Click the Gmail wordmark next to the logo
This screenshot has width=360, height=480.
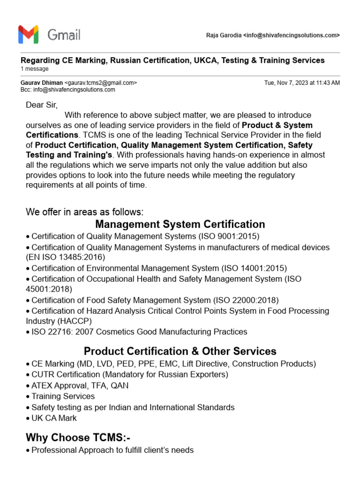pos(64,35)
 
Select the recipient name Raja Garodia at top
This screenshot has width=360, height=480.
pos(224,36)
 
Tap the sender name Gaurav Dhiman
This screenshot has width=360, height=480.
pos(41,83)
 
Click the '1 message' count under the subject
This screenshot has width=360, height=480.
pos(35,69)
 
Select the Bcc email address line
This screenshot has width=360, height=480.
pos(68,90)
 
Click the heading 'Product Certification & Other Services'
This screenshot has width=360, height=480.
pos(180,351)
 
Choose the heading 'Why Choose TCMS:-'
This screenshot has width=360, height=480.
pos(78,437)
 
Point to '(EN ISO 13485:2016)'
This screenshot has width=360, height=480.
pos(66,257)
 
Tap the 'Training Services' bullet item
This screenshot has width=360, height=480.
pos(63,396)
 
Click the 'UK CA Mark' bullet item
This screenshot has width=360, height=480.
pos(54,418)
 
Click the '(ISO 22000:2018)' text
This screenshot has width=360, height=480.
pos(246,300)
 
